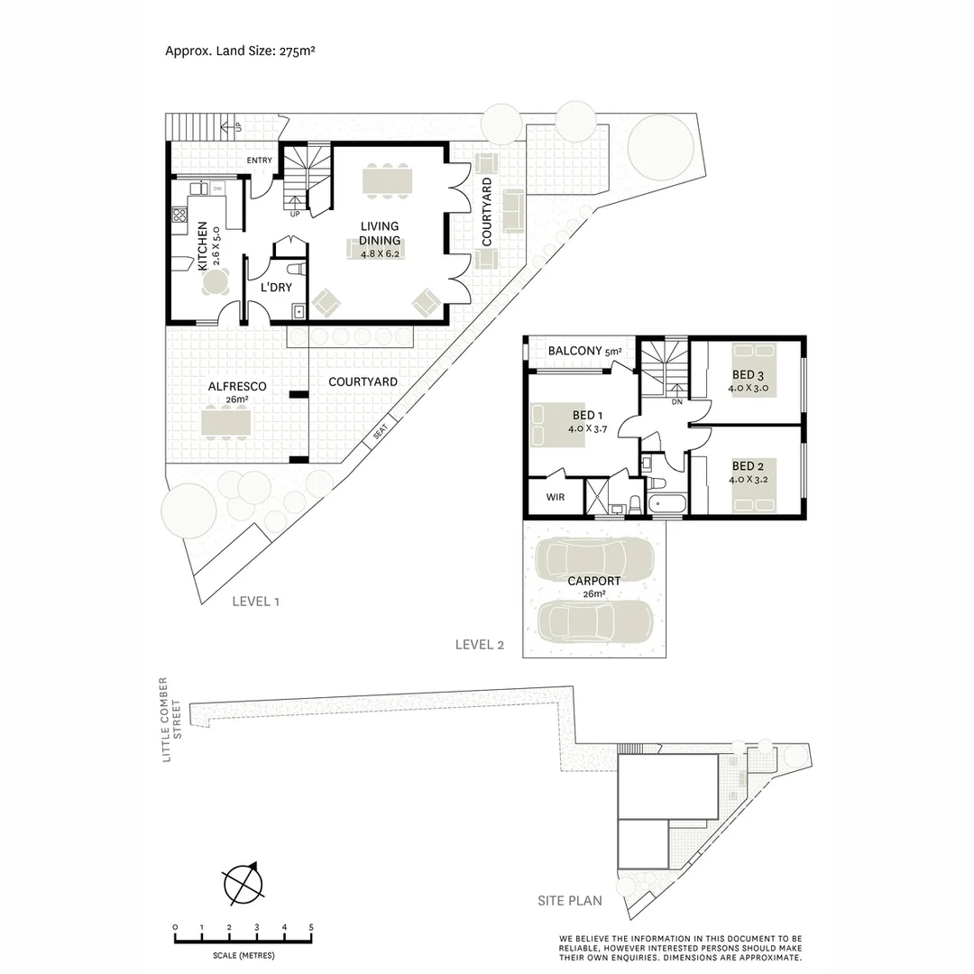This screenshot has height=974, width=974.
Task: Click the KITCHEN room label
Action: click(x=203, y=245)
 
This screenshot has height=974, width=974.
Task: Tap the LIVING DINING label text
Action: click(x=379, y=233)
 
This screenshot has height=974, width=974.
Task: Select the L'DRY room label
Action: click(x=276, y=289)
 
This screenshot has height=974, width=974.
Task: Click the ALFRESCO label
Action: click(x=236, y=386)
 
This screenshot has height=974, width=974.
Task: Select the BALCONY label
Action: click(x=574, y=351)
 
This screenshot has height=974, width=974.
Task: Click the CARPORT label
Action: click(x=593, y=582)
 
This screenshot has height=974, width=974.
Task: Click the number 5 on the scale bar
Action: click(x=311, y=927)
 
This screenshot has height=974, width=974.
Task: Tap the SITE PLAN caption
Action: click(x=570, y=900)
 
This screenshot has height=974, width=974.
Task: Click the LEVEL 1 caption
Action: click(x=255, y=601)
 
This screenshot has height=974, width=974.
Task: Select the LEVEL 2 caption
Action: click(x=480, y=644)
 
